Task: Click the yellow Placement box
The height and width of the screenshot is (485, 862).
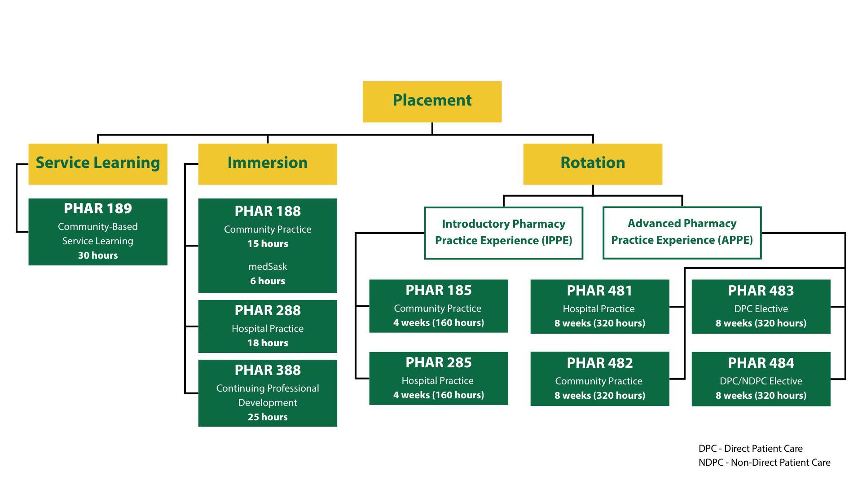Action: point(432,101)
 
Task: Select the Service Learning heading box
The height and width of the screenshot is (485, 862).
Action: point(98,163)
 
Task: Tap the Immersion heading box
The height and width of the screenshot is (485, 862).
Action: point(268,163)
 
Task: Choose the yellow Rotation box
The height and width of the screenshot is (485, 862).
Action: point(593,163)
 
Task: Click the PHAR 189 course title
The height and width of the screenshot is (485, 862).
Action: point(98,208)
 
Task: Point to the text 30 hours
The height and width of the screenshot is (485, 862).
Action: point(98,256)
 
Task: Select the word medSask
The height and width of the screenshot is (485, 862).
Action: point(268,267)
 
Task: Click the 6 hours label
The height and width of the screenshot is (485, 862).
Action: point(268,281)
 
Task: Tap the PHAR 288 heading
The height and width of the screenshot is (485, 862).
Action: point(268,310)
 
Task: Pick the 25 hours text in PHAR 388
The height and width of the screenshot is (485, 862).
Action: point(268,417)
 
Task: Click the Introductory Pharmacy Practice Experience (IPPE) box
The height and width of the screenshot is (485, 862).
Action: point(504,233)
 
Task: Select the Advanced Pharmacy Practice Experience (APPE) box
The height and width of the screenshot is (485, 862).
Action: point(682,233)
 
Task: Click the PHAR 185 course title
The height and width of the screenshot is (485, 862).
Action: point(439,291)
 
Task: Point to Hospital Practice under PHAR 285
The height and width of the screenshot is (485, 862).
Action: point(438,381)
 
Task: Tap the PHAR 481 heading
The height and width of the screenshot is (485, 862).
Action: point(599,291)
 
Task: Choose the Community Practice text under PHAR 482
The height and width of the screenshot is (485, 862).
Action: point(599,381)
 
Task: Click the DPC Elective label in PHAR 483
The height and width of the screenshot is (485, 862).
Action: point(761,309)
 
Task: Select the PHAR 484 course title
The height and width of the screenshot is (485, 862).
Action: point(761,363)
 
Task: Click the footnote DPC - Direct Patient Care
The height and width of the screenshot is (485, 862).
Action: point(751,449)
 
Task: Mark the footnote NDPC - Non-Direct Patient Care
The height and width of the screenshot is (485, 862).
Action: point(765,463)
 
